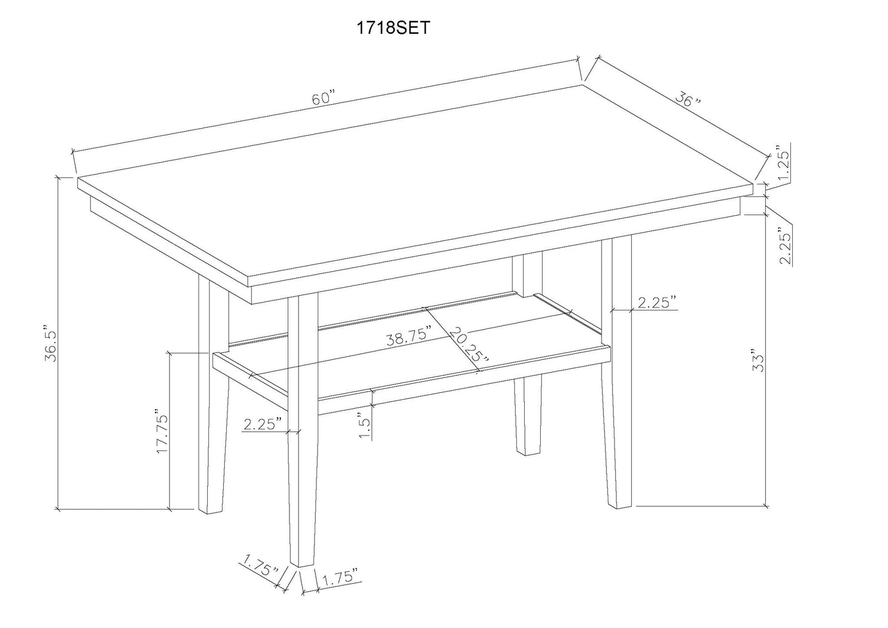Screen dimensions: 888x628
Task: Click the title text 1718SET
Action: point(393,28)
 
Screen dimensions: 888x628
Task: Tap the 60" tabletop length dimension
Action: point(323,98)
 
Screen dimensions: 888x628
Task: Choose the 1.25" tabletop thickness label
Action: point(783,165)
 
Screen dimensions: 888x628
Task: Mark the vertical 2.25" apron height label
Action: point(785,246)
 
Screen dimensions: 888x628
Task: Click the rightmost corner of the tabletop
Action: point(753,184)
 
